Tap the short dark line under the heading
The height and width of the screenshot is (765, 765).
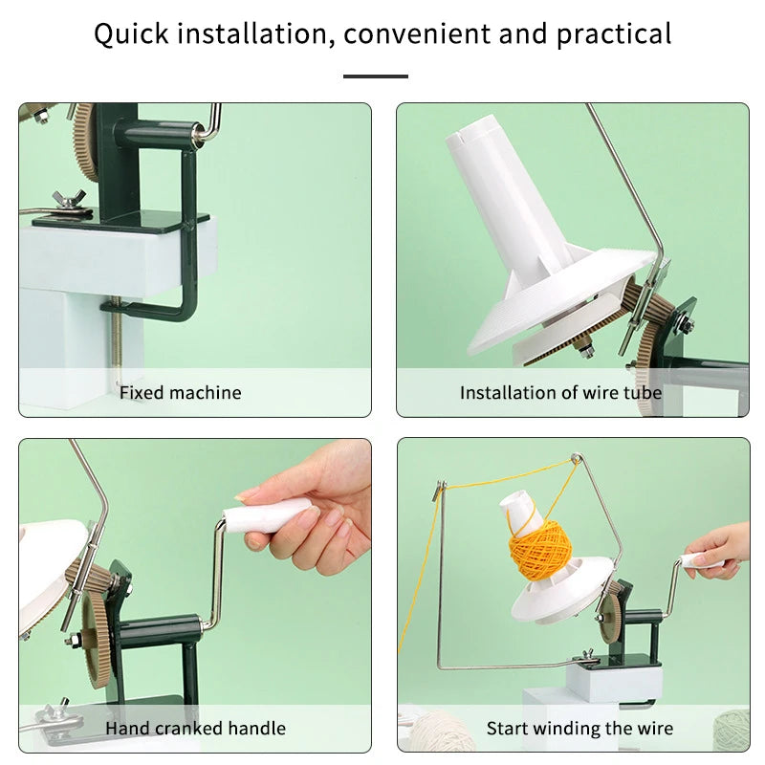click(376, 76)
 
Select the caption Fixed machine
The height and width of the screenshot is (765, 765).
click(180, 392)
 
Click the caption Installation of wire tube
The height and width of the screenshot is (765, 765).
click(560, 392)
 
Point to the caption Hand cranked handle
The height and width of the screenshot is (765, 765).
click(195, 729)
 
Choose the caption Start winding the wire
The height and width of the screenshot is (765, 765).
click(579, 729)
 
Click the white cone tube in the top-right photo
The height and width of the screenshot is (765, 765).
click(497, 191)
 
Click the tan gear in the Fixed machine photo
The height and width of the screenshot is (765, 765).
click(84, 143)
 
